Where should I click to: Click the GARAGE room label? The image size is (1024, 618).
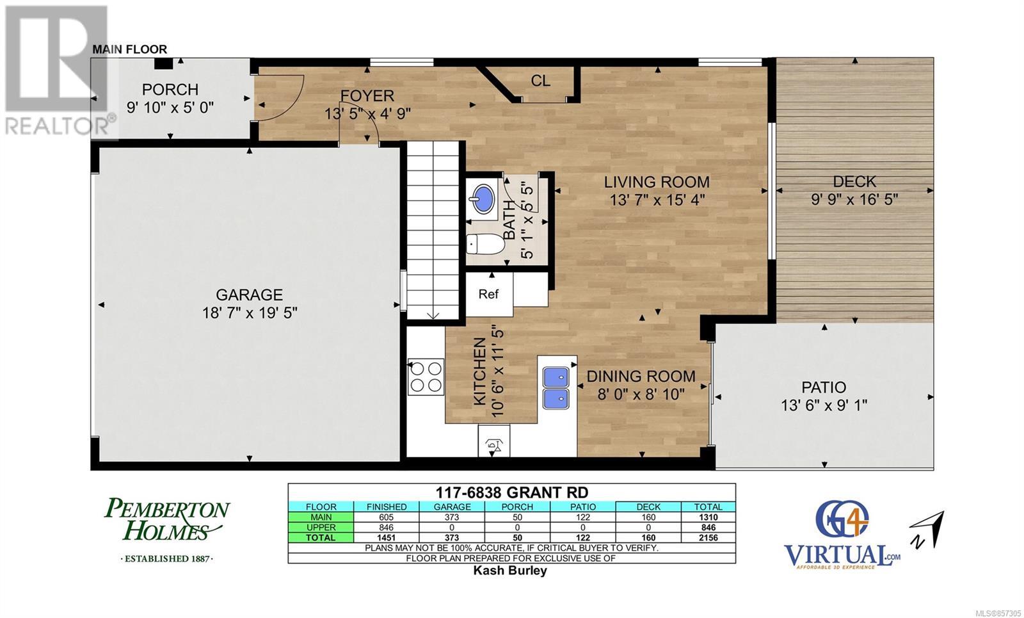(x=249, y=295)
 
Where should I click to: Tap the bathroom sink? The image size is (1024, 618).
(x=483, y=199)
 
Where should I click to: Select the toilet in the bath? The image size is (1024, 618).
(x=485, y=244)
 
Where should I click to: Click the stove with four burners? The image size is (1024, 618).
(x=426, y=377)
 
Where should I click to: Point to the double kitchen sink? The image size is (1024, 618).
(x=556, y=388)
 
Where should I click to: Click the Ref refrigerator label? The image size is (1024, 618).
(x=488, y=294)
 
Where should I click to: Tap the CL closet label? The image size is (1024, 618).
(x=540, y=81)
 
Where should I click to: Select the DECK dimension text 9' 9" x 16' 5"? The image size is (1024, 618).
(x=854, y=199)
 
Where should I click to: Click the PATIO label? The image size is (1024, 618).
(x=824, y=387)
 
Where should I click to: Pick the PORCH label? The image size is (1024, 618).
(x=170, y=89)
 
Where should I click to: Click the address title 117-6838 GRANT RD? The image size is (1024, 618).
(x=511, y=492)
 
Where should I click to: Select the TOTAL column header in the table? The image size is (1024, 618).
(x=708, y=507)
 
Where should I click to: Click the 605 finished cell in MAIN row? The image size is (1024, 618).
(x=387, y=517)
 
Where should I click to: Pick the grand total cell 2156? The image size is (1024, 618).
(x=708, y=538)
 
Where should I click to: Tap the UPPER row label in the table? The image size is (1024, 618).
(x=321, y=528)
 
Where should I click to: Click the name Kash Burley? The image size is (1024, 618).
(x=510, y=571)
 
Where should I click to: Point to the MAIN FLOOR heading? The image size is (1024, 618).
(x=130, y=49)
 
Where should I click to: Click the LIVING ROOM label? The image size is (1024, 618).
(x=657, y=182)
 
